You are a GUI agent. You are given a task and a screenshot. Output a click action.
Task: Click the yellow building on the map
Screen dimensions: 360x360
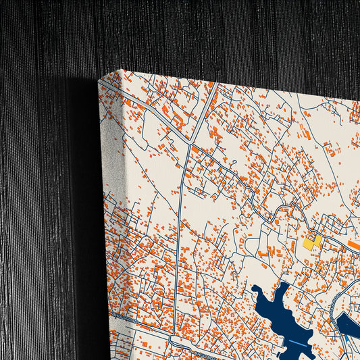[311, 241]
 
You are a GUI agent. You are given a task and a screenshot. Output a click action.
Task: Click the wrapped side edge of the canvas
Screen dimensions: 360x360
[108, 223]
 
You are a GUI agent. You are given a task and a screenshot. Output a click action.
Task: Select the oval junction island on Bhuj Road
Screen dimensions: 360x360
[175, 342]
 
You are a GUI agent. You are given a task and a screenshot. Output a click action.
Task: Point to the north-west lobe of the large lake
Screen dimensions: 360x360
[260, 292]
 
